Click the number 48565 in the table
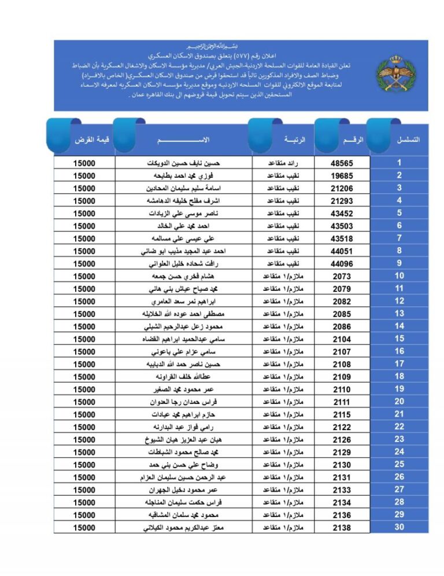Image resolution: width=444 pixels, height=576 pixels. pos(342,163)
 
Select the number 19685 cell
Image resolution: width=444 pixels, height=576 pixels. pos(342,175)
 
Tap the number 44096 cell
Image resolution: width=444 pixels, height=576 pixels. pos(342,264)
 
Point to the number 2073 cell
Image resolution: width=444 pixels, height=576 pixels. pos(342,276)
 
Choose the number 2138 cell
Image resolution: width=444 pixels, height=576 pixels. pos(342,528)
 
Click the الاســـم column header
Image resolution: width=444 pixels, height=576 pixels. pos(183,140)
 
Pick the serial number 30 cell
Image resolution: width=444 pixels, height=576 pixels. pos(399,527)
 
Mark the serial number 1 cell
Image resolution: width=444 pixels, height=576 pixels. pos(399,163)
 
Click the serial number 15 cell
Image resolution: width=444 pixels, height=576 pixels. pos(399,339)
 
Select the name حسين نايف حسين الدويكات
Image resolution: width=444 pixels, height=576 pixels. pos(184,163)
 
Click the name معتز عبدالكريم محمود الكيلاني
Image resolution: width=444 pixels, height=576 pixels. pos(184,528)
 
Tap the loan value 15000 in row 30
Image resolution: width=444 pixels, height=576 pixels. pos(84,528)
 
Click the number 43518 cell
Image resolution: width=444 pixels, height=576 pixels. pos(342,238)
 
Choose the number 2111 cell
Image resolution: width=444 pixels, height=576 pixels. pos(342,402)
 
